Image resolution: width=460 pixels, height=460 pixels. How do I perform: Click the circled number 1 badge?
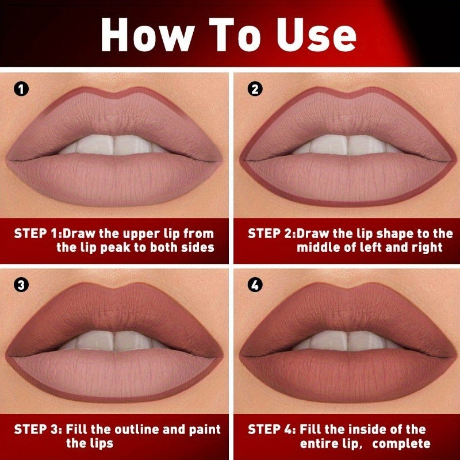(x=21, y=89)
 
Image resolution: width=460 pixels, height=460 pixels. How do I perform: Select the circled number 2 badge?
(x=255, y=89)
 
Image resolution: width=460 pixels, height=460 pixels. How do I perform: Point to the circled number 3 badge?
(x=21, y=284)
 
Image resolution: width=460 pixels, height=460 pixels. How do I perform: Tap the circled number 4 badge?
(x=255, y=284)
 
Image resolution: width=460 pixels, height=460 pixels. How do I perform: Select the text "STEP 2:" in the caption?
(x=272, y=233)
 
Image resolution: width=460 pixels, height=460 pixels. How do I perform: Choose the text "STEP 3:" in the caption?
(x=39, y=430)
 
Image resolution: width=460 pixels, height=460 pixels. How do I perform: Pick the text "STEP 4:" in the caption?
(x=272, y=430)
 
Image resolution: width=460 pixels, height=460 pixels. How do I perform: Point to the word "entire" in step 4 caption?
(x=319, y=444)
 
